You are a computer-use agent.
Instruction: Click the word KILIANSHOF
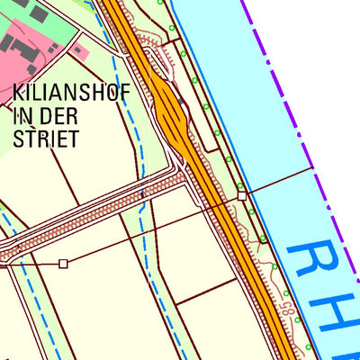(x=71, y=92)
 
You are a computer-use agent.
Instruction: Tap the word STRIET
(x=47, y=139)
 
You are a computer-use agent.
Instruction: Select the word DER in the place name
(x=60, y=115)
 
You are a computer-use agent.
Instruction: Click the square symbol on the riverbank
(x=242, y=195)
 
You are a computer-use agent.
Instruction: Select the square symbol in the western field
(x=63, y=264)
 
